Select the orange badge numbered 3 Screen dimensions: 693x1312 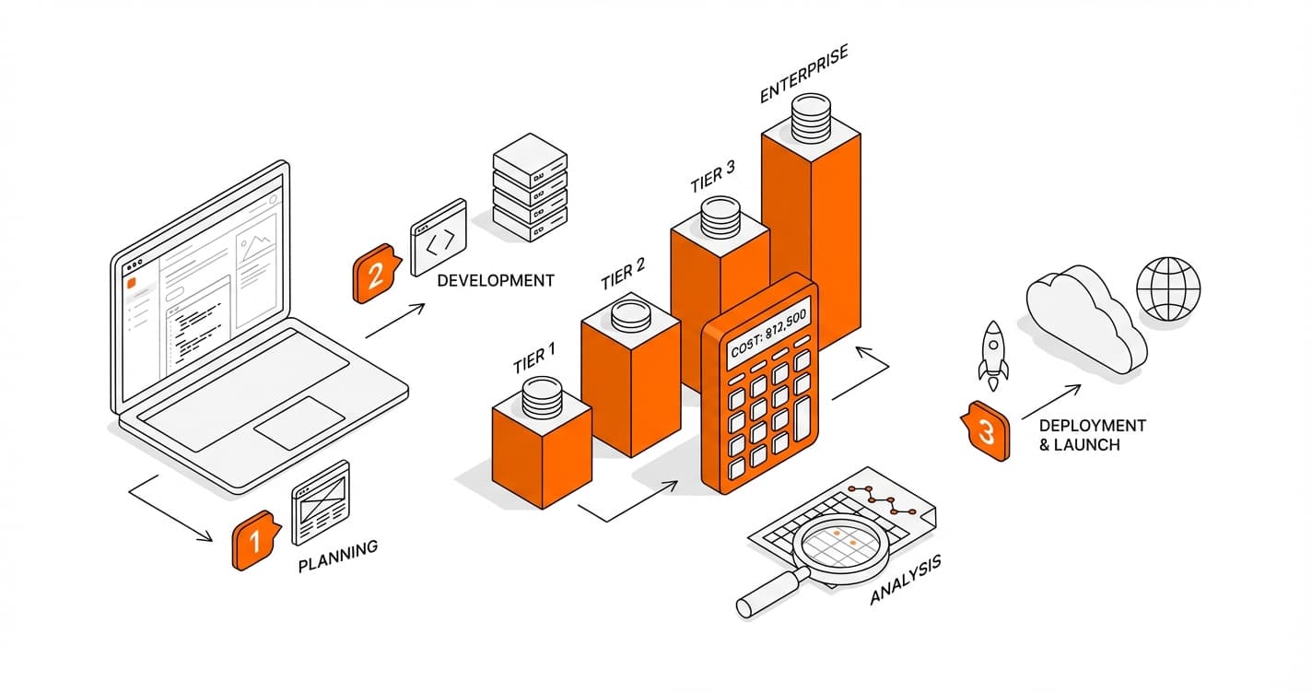(x=984, y=431)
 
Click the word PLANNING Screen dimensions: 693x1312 (x=338, y=557)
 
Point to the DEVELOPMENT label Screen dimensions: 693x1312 (x=496, y=279)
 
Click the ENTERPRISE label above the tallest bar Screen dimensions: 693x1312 (x=803, y=81)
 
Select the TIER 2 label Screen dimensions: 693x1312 (x=623, y=274)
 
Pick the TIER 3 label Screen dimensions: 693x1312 (x=712, y=177)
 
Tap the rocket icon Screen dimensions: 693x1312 (x=993, y=350)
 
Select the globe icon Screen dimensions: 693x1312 (x=1168, y=288)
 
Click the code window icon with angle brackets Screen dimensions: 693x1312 (x=439, y=238)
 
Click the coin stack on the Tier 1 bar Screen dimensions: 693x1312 (x=541, y=397)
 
